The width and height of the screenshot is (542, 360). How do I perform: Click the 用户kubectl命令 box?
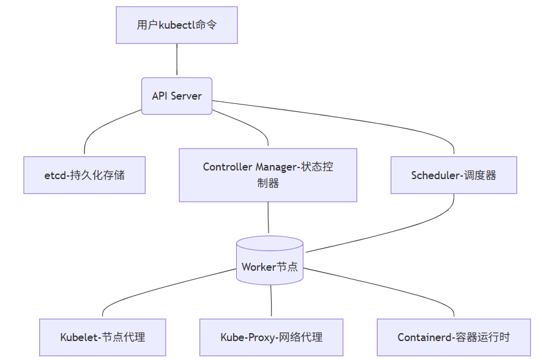pos(177,25)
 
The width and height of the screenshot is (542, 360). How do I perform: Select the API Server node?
pos(177,96)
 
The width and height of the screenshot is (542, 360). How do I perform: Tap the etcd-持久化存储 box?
pos(84,175)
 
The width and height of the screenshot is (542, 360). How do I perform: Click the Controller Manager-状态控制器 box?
pos(268,175)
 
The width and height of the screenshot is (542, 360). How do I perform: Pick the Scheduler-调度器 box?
pos(453,175)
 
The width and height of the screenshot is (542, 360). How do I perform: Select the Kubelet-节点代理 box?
pos(102,337)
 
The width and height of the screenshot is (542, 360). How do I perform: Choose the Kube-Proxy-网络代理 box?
pos(271,337)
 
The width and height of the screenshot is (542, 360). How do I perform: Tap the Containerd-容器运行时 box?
pos(453,337)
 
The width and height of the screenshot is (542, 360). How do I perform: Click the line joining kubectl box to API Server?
pos(177,61)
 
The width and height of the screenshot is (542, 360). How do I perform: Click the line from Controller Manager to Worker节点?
pos(268,219)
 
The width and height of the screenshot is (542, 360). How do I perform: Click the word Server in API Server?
pos(186,96)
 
